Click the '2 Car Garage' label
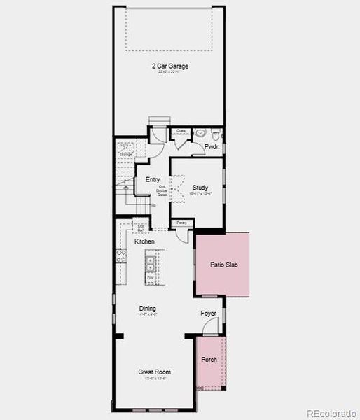[171, 66]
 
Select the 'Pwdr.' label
[212, 147]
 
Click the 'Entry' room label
[152, 180]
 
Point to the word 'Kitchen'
[145, 241]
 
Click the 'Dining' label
[147, 308]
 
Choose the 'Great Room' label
[154, 372]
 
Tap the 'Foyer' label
[208, 314]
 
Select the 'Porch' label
[209, 360]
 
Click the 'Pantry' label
[181, 223]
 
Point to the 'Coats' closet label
[181, 130]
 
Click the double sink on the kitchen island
[150, 263]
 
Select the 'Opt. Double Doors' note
[162, 190]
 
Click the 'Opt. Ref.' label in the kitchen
[141, 227]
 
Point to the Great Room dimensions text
[154, 379]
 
